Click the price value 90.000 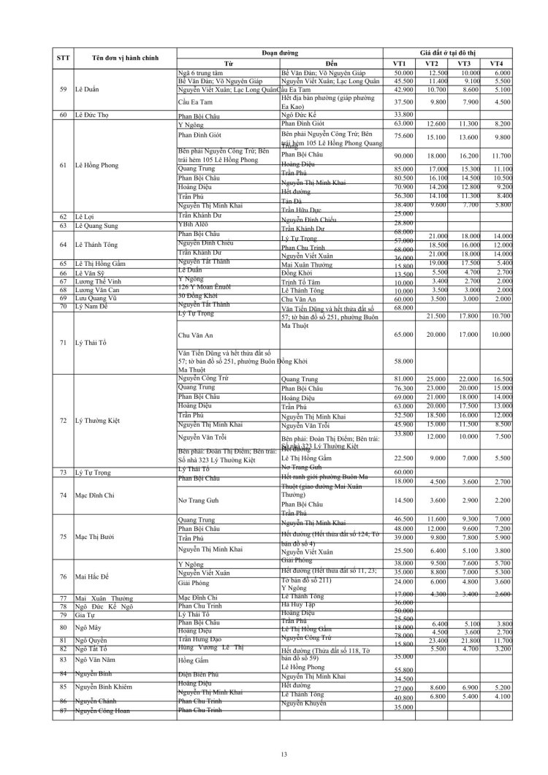coord(403,156)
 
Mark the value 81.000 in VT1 coord(403,379)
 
